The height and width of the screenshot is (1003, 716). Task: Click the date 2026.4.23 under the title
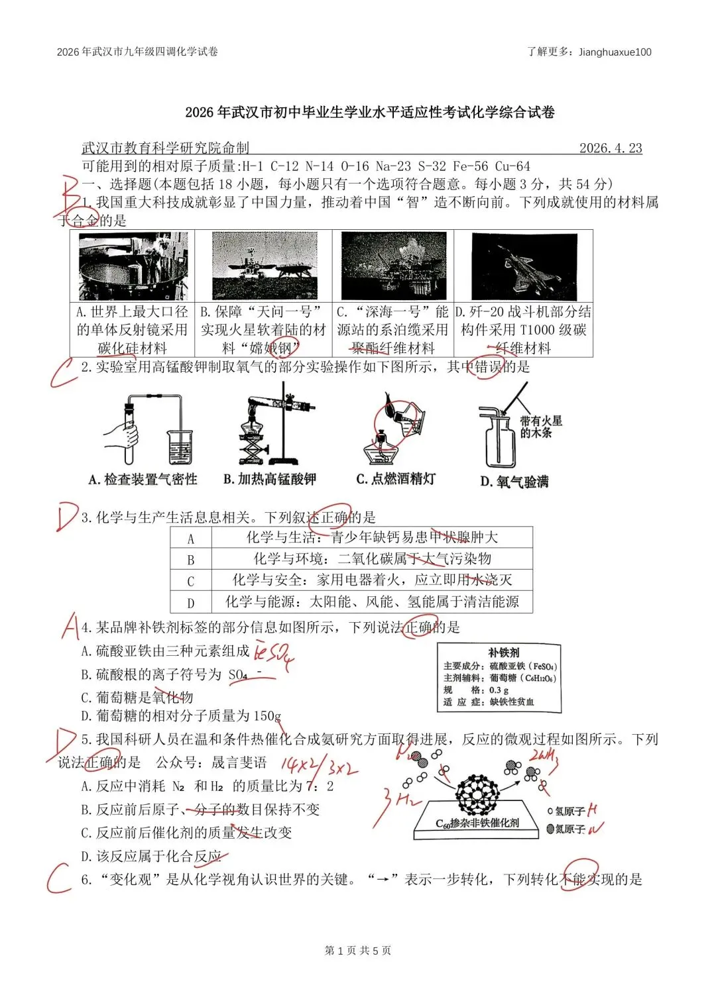[x=610, y=148]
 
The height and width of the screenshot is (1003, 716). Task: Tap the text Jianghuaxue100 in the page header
[x=615, y=52]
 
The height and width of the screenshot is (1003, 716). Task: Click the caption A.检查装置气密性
[x=143, y=480]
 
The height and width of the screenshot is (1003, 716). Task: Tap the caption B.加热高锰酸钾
[x=269, y=479]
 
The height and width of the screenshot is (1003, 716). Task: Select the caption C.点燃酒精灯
[x=396, y=479]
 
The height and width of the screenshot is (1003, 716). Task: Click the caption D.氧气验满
[x=514, y=482]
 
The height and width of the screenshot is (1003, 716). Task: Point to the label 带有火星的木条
[x=540, y=427]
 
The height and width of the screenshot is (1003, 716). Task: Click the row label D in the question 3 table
[x=191, y=602]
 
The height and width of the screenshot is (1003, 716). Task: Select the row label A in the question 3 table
[x=191, y=538]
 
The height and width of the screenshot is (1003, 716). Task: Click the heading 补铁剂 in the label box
[x=503, y=653]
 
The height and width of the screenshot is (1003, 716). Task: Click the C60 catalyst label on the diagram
[x=477, y=823]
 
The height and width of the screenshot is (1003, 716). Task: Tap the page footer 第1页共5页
[x=358, y=951]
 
